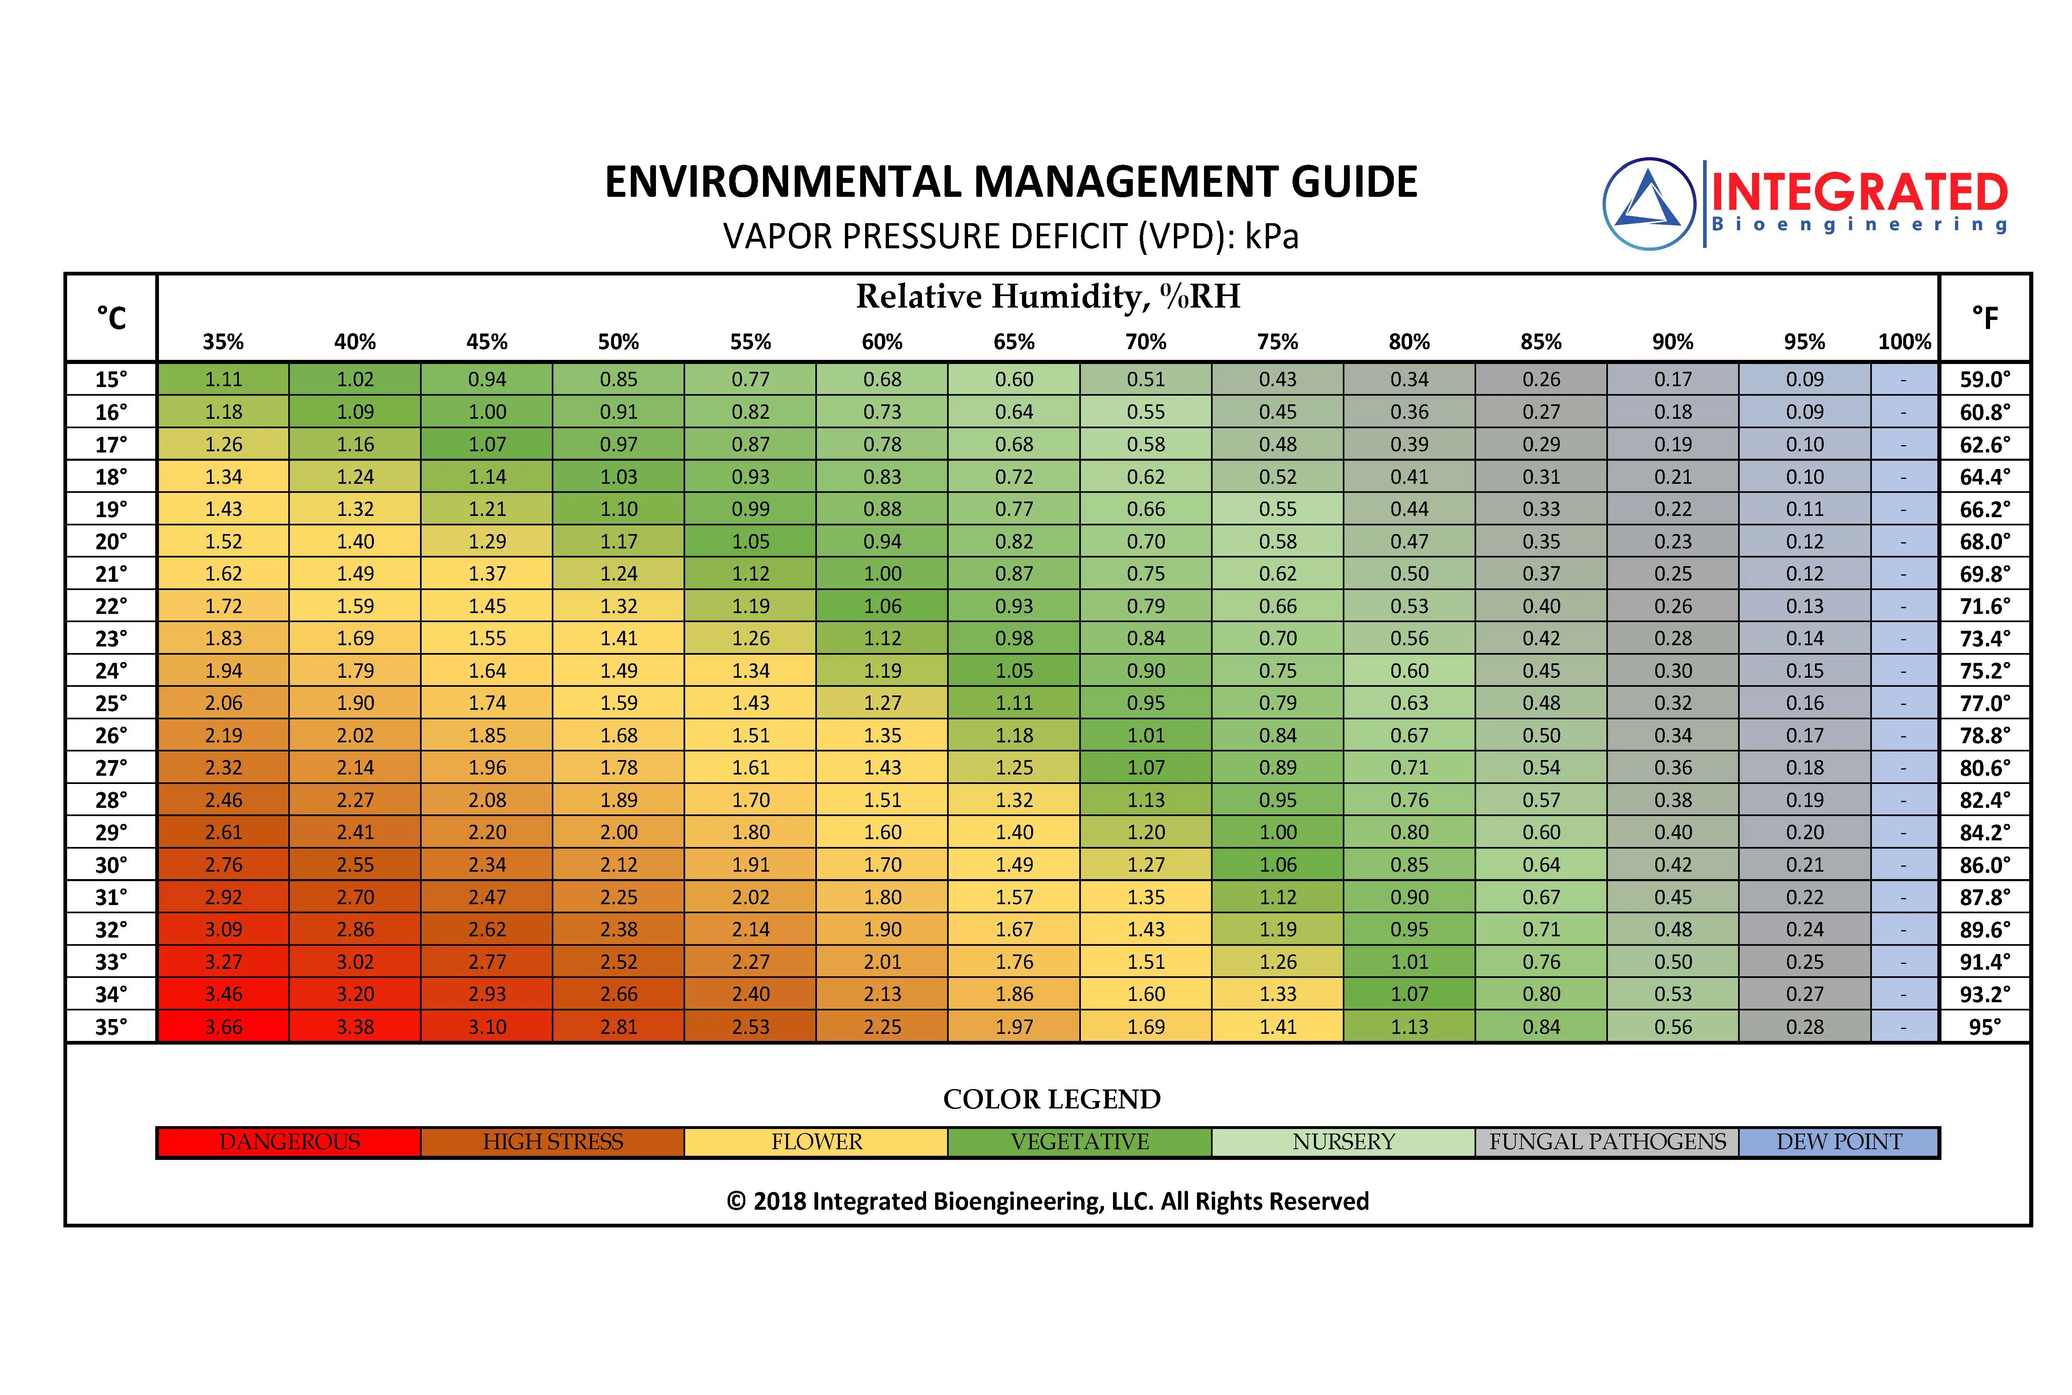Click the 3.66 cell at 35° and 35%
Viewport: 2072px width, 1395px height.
coord(223,1026)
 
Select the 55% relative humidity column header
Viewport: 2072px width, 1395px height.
coord(750,342)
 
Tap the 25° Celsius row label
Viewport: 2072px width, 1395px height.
coord(111,703)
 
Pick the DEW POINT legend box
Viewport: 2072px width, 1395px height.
coord(1839,1141)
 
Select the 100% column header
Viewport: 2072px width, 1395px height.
coord(1904,342)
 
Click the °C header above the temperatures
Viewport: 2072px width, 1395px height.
coord(111,317)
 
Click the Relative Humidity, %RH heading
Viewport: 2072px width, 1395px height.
coord(1048,296)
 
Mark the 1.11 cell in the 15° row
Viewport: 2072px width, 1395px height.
coord(223,379)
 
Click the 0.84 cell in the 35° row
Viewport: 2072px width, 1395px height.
coord(1541,1026)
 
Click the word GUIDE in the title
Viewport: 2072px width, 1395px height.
coord(1353,182)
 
